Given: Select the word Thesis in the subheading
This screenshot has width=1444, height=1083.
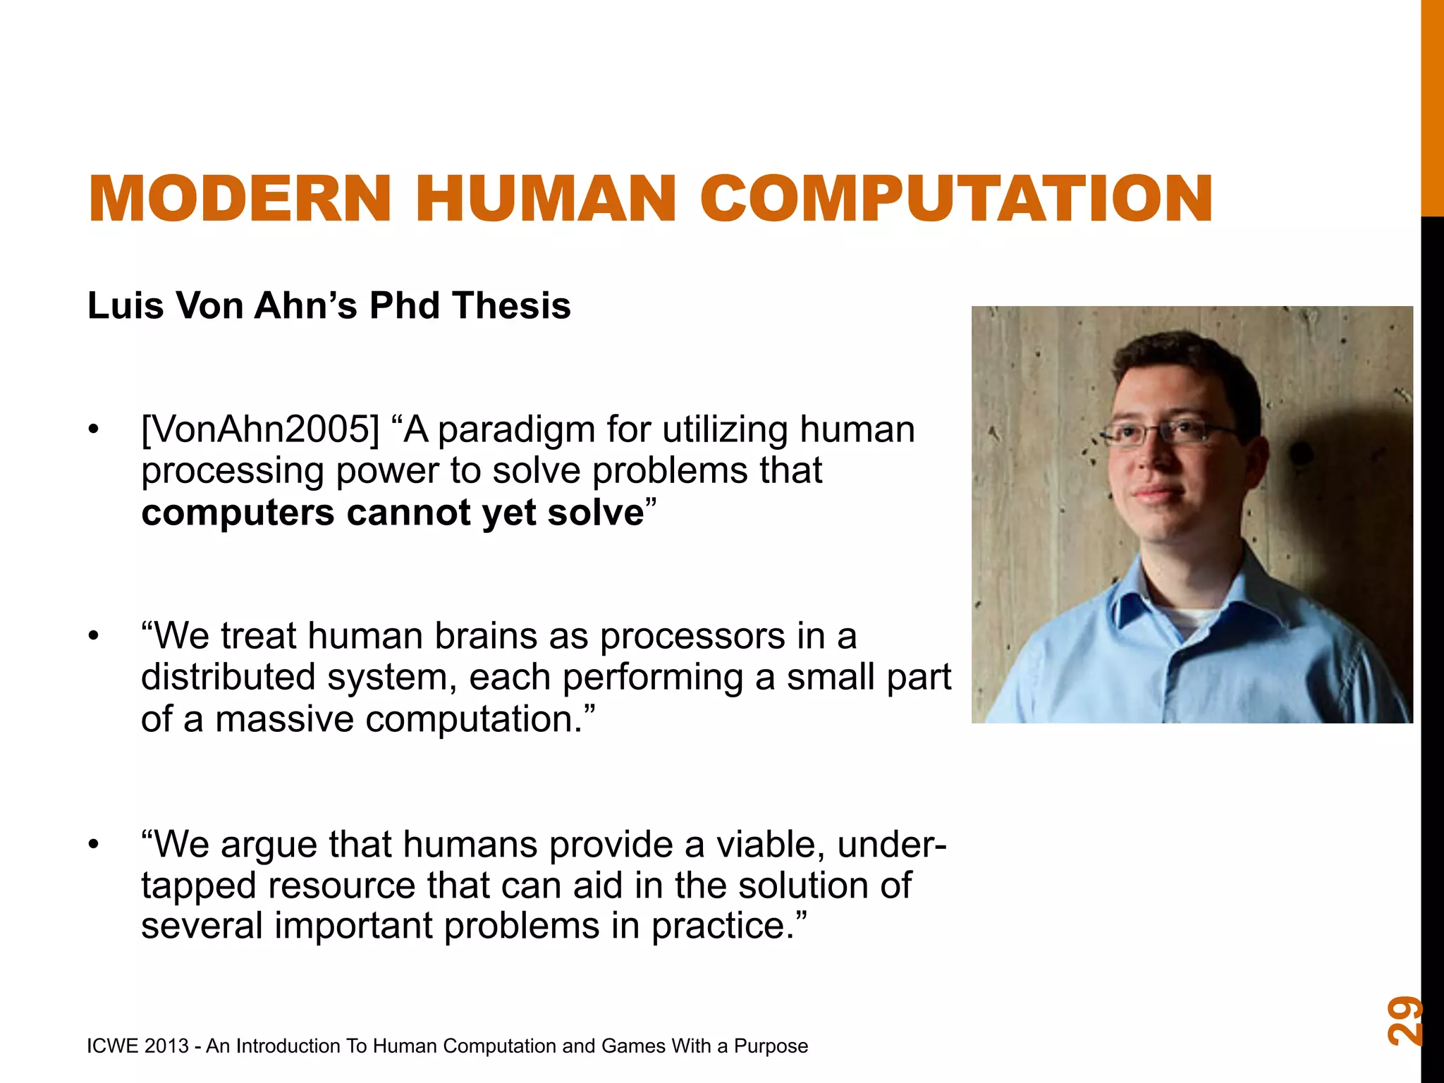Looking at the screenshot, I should coord(512,306).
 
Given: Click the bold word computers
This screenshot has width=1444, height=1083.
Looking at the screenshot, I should coord(238,513).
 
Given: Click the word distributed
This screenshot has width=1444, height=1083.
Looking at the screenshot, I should coord(228,678).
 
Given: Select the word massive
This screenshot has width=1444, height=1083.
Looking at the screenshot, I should coord(284,720).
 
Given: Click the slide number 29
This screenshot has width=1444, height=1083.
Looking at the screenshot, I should coord(1405,1020).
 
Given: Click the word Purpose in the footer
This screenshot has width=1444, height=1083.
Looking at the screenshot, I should coord(771,1046).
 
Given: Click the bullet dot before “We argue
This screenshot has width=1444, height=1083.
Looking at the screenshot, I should coord(94,844).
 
